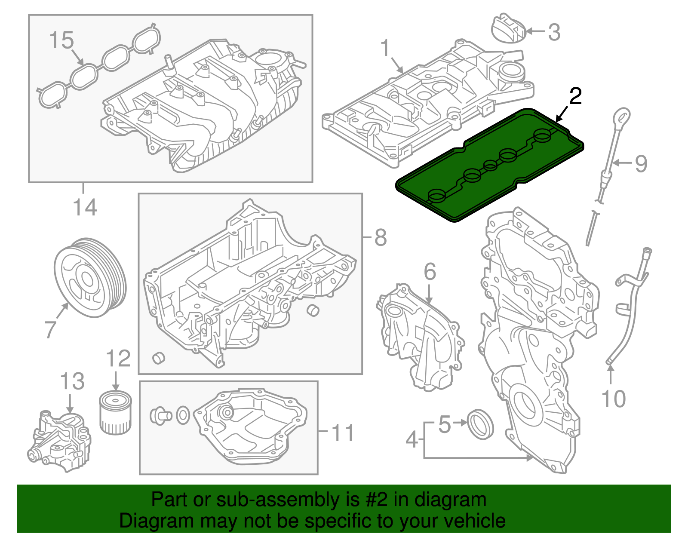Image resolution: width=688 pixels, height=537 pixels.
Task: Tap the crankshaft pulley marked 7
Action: coord(90,278)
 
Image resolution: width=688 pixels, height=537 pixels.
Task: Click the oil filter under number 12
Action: coord(114,414)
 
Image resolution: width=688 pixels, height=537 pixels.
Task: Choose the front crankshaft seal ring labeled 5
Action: coord(480,424)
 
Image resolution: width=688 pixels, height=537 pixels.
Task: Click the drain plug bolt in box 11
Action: coord(160,415)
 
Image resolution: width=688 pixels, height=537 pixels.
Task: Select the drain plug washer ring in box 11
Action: coord(183,415)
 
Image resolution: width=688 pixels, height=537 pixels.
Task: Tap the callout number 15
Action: coord(61,40)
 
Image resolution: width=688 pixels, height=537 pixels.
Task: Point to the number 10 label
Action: coord(614,399)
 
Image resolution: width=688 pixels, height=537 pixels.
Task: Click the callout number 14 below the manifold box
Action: coord(85,207)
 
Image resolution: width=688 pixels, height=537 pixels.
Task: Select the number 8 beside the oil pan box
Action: coord(381,237)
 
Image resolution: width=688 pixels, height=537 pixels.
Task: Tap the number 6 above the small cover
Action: coord(430,272)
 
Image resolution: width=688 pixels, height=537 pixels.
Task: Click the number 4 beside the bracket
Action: coord(412,439)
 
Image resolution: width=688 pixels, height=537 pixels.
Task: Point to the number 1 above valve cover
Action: coord(385,48)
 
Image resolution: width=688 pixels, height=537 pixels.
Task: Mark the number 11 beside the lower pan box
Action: coord(343,433)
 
